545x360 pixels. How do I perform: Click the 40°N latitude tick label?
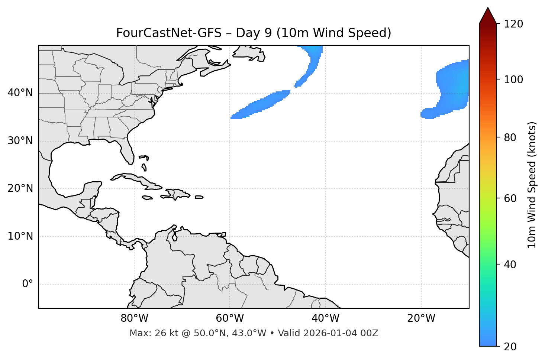[x=20, y=93]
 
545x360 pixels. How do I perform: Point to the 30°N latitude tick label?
[x=20, y=141]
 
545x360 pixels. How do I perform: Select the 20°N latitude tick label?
[x=20, y=188]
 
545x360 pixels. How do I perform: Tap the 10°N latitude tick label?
[x=20, y=236]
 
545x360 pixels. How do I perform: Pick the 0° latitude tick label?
[x=28, y=284]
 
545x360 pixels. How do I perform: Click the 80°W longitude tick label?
[x=134, y=318]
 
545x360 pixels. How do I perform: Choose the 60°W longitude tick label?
[x=230, y=318]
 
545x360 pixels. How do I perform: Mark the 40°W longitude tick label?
[x=325, y=318]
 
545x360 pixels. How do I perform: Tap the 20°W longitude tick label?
[x=421, y=318]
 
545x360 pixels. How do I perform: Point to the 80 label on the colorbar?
[x=510, y=137]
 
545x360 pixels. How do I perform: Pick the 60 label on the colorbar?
[x=510, y=198]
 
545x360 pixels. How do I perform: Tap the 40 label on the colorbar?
[x=510, y=265]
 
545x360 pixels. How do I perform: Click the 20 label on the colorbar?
[x=510, y=347]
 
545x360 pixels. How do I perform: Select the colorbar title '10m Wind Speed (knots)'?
[x=532, y=185]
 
